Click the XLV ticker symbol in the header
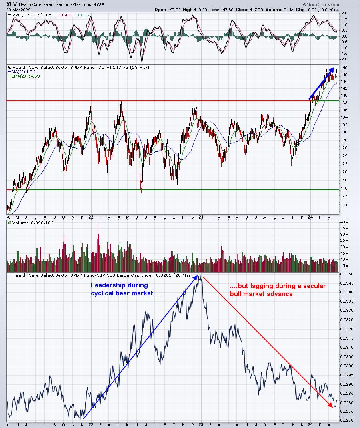(x=12, y=5)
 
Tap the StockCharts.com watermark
(x=321, y=5)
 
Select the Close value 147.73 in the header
(x=257, y=10)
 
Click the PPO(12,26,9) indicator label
(x=28, y=15)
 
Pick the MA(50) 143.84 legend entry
(x=24, y=72)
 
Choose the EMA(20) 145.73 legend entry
(x=26, y=76)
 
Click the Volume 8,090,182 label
(x=33, y=223)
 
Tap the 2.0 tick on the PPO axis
(x=344, y=13)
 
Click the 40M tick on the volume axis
(x=344, y=222)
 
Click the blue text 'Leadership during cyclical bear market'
(x=126, y=289)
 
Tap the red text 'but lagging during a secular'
(x=278, y=286)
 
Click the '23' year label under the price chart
(x=201, y=217)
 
